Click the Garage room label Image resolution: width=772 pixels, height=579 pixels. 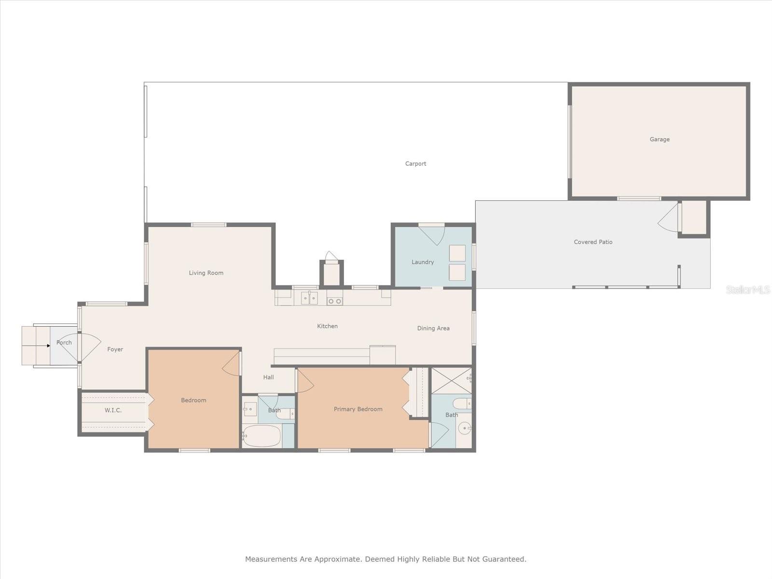659,139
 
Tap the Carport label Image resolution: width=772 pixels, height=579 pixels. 415,164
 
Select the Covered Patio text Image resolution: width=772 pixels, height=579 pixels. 593,242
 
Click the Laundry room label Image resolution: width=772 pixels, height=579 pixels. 423,262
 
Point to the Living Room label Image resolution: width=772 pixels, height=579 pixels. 206,273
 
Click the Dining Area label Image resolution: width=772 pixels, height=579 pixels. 433,328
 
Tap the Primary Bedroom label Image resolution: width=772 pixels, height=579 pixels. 358,409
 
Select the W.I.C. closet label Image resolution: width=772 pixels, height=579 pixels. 113,410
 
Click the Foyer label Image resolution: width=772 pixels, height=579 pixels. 115,349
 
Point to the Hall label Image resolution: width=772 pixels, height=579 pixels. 268,377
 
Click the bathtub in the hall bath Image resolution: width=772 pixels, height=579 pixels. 262,436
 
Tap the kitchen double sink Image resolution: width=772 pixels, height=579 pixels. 309,298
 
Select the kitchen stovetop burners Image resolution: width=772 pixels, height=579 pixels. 335,301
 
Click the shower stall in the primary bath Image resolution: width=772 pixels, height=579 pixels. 451,381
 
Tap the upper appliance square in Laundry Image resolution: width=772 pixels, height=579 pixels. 457,253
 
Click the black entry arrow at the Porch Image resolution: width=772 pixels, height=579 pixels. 48,345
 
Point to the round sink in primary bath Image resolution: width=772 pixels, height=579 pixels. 464,428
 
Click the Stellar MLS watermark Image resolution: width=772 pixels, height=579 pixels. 747,289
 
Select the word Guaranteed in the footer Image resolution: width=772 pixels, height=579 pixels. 506,559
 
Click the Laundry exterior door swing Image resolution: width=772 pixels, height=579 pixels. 432,234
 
